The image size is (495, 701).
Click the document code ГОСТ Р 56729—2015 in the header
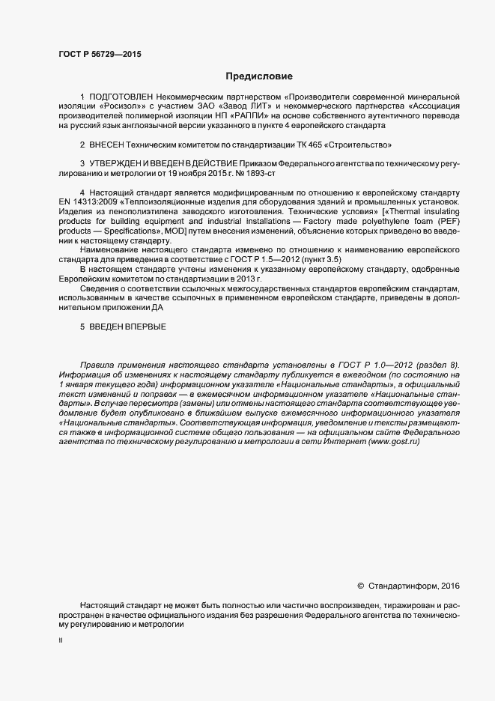click(99, 54)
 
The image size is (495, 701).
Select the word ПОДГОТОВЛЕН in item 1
click(121, 97)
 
